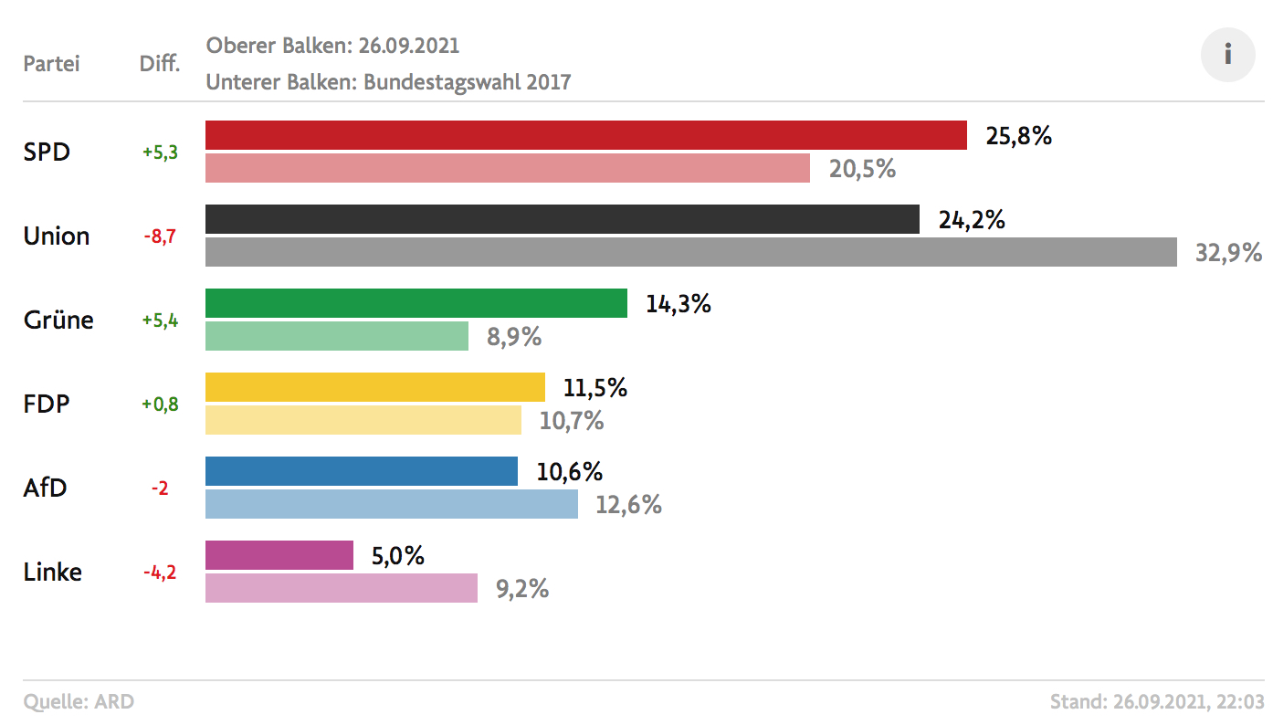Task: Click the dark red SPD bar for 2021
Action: [x=585, y=135]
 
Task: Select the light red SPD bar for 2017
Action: [x=507, y=168]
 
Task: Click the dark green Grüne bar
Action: [x=416, y=303]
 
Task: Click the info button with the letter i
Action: [x=1227, y=55]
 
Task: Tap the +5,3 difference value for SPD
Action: [x=160, y=152]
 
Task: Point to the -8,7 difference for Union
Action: [x=160, y=236]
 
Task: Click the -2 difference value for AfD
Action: [x=160, y=489]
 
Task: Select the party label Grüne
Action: [x=58, y=320]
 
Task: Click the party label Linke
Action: [x=52, y=573]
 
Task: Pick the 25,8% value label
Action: [x=1018, y=136]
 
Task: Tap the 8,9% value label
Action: [x=514, y=337]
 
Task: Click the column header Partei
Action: [x=51, y=64]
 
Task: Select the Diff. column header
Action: [x=160, y=64]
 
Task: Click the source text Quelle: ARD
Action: [x=79, y=702]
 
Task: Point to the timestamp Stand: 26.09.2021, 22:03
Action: [x=1157, y=702]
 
